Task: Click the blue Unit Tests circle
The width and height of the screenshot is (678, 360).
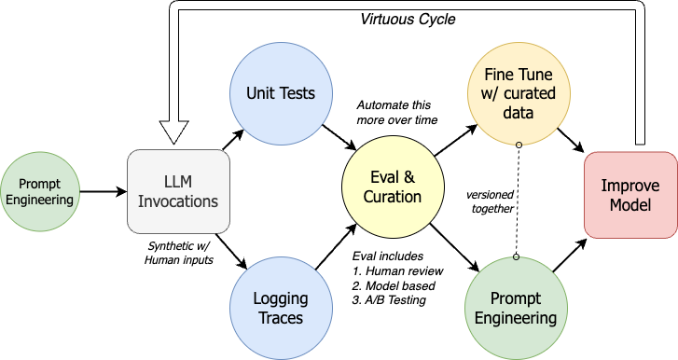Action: click(x=280, y=93)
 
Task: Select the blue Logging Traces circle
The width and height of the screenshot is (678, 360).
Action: click(x=280, y=308)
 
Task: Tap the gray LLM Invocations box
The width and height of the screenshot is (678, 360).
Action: click(x=178, y=190)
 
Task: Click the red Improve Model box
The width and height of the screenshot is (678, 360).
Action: click(x=630, y=195)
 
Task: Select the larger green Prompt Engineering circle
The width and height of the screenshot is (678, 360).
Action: click(x=515, y=308)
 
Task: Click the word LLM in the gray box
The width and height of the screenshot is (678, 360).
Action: click(x=178, y=182)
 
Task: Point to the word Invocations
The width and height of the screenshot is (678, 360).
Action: click(x=178, y=201)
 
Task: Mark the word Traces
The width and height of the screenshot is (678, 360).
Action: click(x=280, y=318)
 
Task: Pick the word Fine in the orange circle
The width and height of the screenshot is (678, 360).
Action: click(x=498, y=75)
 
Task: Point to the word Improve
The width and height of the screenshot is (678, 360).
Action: click(x=630, y=186)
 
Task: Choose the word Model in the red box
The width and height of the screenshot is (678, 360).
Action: click(x=630, y=205)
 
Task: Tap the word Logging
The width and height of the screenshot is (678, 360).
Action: click(x=280, y=299)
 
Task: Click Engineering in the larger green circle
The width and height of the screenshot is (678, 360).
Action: click(x=515, y=318)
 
